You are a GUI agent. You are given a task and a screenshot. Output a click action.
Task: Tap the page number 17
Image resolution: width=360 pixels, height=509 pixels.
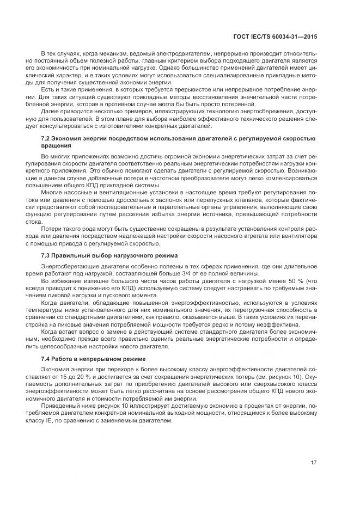[314, 463]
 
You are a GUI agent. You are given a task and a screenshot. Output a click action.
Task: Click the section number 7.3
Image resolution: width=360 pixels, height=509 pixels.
[46, 255]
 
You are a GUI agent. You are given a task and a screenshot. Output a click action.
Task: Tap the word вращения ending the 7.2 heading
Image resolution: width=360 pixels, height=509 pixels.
[55, 146]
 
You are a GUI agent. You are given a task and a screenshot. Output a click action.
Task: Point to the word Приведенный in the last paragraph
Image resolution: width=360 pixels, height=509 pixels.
[59, 406]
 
